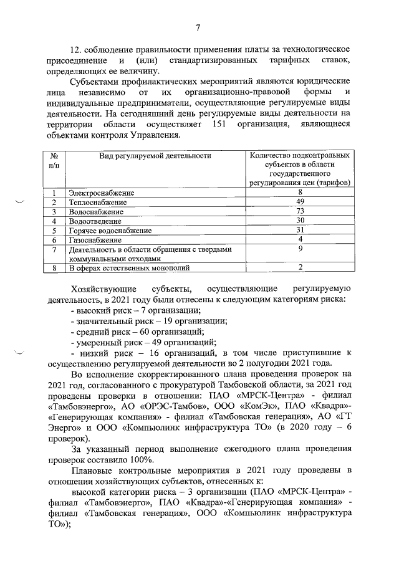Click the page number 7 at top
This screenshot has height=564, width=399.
tap(198, 27)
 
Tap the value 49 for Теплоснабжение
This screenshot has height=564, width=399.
tap(300, 202)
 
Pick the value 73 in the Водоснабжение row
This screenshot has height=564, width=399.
tap(300, 211)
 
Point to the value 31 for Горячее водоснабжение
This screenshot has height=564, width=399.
tap(300, 230)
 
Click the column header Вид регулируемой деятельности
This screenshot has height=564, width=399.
tap(155, 156)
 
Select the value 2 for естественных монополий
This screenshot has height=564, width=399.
tap(300, 267)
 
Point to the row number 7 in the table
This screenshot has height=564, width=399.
tap(54, 249)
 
